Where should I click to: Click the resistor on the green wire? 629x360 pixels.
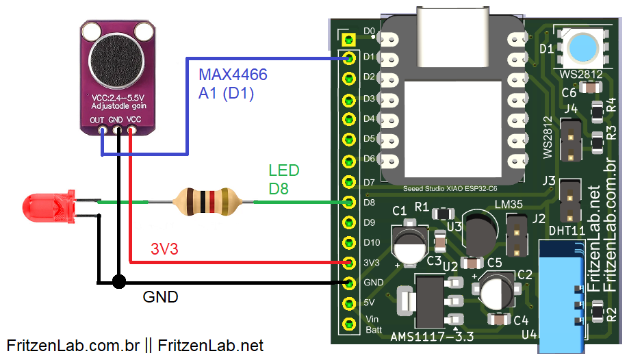coord(205,201)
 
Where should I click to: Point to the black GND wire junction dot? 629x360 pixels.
coord(119,281)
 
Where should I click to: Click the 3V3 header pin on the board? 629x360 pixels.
coord(350,263)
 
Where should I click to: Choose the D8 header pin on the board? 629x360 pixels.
coord(350,202)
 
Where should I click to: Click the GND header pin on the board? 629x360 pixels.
coord(350,283)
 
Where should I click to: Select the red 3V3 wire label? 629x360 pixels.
coord(164,250)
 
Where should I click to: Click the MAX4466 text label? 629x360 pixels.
coord(233,74)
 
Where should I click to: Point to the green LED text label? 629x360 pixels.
coord(283,170)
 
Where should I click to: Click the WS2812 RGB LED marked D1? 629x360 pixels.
coord(581,48)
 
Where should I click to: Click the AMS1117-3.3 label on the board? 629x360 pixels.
coord(431,336)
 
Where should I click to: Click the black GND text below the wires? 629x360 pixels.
coord(160,297)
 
